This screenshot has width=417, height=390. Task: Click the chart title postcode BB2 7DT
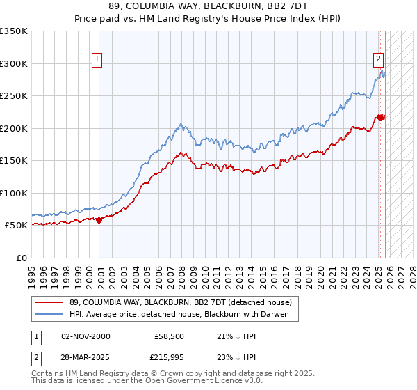278,6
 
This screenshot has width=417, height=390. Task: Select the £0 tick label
22,258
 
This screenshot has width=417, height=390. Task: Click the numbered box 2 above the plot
379,59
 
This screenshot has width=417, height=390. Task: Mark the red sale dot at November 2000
99,220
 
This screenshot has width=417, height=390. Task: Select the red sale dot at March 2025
381,118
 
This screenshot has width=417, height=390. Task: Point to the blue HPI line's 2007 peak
181,125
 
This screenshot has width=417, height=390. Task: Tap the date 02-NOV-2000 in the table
85,336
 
